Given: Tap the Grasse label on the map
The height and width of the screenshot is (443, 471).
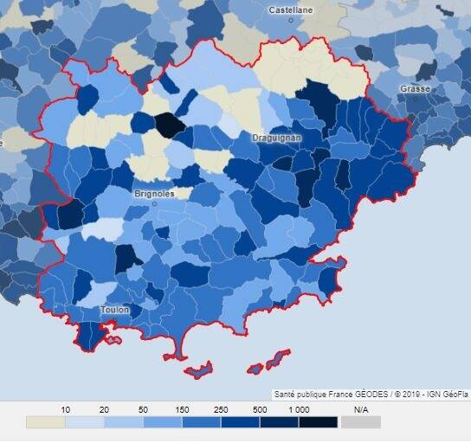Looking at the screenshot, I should click(x=415, y=89).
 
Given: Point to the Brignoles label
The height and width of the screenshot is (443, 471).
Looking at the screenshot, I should click(x=154, y=194).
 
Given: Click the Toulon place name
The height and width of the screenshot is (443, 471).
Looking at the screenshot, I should click(x=115, y=310).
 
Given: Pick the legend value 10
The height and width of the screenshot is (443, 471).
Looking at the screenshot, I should click(x=65, y=408).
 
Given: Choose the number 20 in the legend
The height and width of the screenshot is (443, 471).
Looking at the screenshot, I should click(x=104, y=408).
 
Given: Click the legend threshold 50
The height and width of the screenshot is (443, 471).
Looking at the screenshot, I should click(x=143, y=408).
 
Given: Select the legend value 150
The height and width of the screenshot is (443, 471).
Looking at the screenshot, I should click(x=182, y=408).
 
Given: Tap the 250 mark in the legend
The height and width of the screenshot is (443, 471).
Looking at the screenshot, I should click(x=221, y=408).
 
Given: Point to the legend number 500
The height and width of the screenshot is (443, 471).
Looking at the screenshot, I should click(x=260, y=408).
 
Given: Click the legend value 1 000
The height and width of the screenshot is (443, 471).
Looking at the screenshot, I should click(x=299, y=408).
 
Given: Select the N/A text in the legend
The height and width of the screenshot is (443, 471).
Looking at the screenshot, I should click(x=361, y=408).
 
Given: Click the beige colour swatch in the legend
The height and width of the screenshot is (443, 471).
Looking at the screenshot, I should click(x=45, y=422).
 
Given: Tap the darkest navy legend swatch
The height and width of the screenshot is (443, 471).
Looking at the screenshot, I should click(x=318, y=422).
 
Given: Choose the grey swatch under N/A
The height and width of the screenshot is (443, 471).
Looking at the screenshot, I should click(x=361, y=422).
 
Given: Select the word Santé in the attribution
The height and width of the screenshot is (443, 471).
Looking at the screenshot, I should click(x=287, y=394).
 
